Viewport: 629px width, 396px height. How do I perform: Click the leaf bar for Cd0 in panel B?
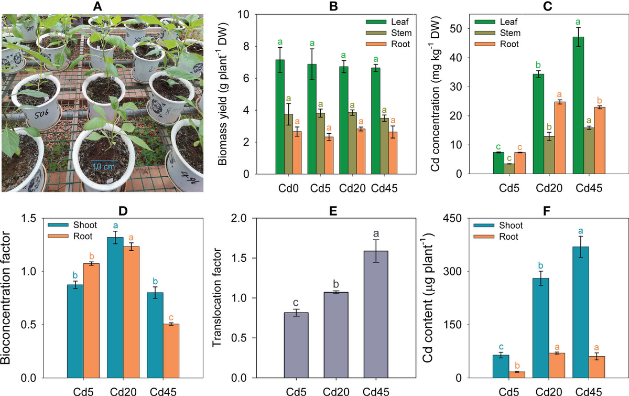coord(280,117)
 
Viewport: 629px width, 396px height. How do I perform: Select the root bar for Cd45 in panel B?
coord(393,153)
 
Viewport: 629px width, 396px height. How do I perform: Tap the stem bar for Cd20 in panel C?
coord(549,155)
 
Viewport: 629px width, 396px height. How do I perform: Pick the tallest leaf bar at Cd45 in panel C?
coord(578,105)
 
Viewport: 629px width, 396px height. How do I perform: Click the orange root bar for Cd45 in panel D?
coord(171,351)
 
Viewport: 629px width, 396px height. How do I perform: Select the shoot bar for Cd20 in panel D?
coord(115,308)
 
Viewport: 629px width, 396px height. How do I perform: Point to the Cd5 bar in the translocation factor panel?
coord(296,346)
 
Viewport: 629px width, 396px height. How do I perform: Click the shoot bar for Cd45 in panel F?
coord(581,312)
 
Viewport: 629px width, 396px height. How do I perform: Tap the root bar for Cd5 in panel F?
coord(517,375)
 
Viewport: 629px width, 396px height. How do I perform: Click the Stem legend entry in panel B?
coord(389,33)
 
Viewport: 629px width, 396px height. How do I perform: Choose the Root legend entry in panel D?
coord(70,237)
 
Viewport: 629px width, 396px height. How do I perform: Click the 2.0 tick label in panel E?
coord(238,218)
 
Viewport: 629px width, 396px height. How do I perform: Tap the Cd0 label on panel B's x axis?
coord(288,188)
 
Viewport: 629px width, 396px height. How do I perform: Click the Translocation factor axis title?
coord(217,297)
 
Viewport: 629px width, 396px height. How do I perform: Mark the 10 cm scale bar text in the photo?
coord(104,167)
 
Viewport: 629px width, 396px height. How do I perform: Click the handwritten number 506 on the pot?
coord(41,114)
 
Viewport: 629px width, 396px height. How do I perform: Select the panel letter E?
coord(333,211)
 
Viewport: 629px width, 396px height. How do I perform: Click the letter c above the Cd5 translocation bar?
coord(296,303)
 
